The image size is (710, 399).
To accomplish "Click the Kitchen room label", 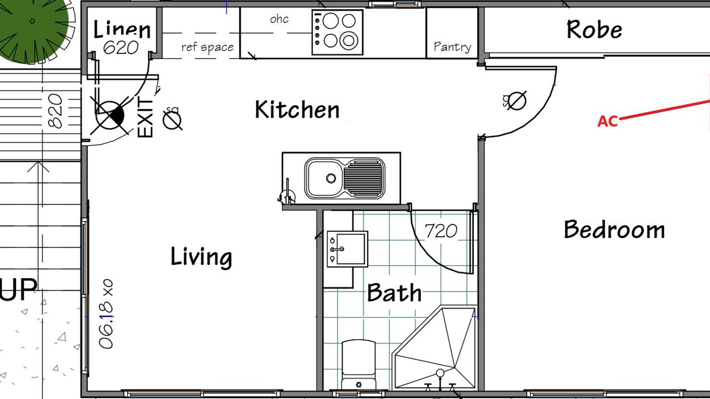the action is pyautogui.click(x=297, y=110).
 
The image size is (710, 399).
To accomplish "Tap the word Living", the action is pyautogui.click(x=201, y=257).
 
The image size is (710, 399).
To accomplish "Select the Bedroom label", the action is pyautogui.click(x=614, y=229).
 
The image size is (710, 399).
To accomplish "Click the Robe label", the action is pyautogui.click(x=594, y=29).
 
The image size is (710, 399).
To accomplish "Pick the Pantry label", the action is pyautogui.click(x=452, y=47).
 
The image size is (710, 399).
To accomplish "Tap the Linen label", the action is pyautogui.click(x=122, y=29).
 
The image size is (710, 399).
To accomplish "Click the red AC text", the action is pyautogui.click(x=607, y=121).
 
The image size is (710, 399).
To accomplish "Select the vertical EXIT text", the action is pyautogui.click(x=145, y=117).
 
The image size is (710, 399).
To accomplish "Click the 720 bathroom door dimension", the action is pyautogui.click(x=441, y=231).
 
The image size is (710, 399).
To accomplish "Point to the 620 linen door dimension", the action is pyautogui.click(x=121, y=48).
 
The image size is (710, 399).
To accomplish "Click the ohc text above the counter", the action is pyautogui.click(x=279, y=19).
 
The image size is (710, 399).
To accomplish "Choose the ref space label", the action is pyautogui.click(x=207, y=48).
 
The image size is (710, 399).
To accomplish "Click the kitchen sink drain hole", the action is pyautogui.click(x=331, y=178).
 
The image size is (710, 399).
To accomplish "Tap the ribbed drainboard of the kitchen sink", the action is pyautogui.click(x=363, y=178).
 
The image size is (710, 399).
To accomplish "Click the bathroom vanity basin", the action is pyautogui.click(x=347, y=249).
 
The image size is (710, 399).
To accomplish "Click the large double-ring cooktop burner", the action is pyautogui.click(x=349, y=40).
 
